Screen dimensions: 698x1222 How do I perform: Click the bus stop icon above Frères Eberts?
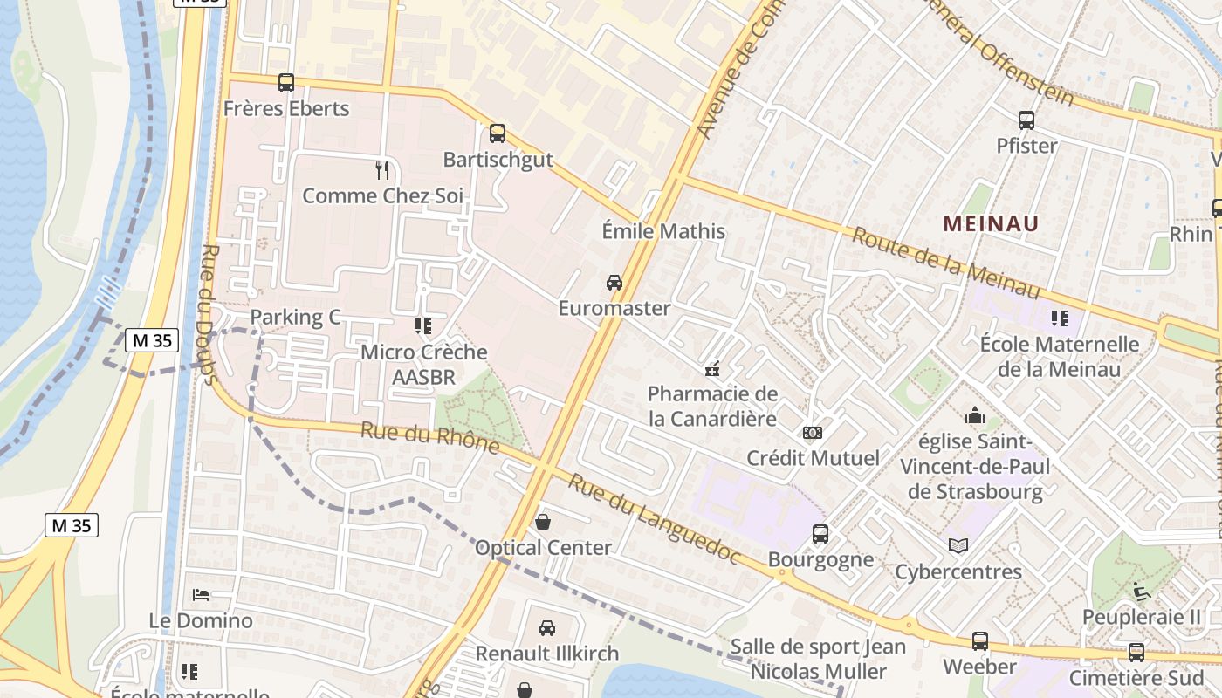pos(286,83)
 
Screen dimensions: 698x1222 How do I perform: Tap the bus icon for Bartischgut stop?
pos(498,133)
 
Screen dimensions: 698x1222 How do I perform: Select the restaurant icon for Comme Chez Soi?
pos(382,170)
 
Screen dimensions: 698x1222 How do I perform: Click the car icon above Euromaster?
pos(614,282)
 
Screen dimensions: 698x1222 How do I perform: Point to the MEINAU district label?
pos(991,223)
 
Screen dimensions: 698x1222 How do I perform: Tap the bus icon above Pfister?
pos(1026,120)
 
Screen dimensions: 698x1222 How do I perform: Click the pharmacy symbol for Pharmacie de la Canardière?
pos(712,369)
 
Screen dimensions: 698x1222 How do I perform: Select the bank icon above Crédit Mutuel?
pos(813,433)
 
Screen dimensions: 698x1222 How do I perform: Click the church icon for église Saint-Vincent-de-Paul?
pos(975,416)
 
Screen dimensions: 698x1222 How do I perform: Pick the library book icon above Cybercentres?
pos(958,546)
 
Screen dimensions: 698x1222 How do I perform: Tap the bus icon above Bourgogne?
pos(820,533)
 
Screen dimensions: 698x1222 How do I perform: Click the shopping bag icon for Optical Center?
pos(543,522)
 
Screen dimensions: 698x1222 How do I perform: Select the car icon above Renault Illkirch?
pos(547,627)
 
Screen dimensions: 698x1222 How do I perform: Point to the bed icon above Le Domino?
pos(201,595)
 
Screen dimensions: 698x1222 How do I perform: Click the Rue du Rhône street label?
pos(429,438)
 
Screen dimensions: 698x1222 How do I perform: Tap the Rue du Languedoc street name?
pos(654,518)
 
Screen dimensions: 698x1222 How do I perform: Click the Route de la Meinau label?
pos(946,263)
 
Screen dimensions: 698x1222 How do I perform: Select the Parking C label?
pos(295,317)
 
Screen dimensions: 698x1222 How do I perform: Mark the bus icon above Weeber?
pos(980,641)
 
